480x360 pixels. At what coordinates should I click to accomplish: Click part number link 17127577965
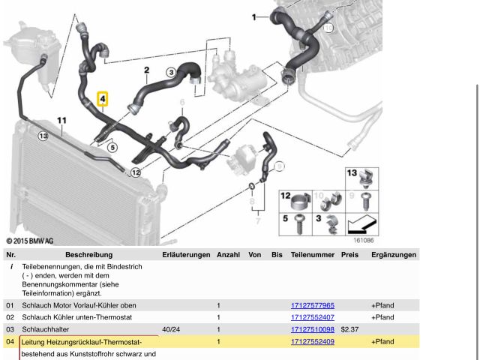(x=312, y=305)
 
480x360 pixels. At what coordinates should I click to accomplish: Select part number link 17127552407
(x=312, y=317)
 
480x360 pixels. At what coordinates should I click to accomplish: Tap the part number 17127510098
(x=312, y=329)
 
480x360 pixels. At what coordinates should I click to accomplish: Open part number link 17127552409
(x=312, y=341)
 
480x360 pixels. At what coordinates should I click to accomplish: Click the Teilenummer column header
(x=312, y=255)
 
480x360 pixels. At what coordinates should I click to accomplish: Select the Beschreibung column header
(x=88, y=255)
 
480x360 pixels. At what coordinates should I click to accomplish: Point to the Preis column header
(x=349, y=255)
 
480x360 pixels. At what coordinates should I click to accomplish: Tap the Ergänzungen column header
(x=393, y=255)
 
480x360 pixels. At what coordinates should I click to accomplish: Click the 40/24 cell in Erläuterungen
(x=171, y=329)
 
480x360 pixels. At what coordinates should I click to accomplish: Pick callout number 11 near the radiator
(x=61, y=120)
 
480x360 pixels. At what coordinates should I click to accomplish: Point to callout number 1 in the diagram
(x=253, y=16)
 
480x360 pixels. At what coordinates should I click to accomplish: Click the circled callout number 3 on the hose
(x=171, y=72)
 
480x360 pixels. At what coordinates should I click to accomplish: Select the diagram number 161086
(x=364, y=241)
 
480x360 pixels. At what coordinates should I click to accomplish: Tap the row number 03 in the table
(x=10, y=329)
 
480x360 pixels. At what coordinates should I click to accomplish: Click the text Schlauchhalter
(x=46, y=329)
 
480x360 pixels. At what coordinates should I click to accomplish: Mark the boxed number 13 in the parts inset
(x=351, y=173)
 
